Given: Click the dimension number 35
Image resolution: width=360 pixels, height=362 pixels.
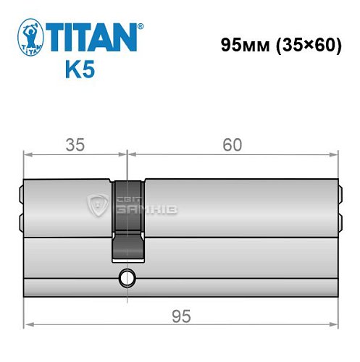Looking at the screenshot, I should [75, 145].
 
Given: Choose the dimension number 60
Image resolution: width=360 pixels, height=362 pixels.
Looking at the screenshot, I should [232, 145].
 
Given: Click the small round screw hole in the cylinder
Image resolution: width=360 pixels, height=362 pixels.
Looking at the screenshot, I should [129, 276].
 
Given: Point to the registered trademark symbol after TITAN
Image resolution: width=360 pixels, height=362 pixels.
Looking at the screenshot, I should [140, 26].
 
